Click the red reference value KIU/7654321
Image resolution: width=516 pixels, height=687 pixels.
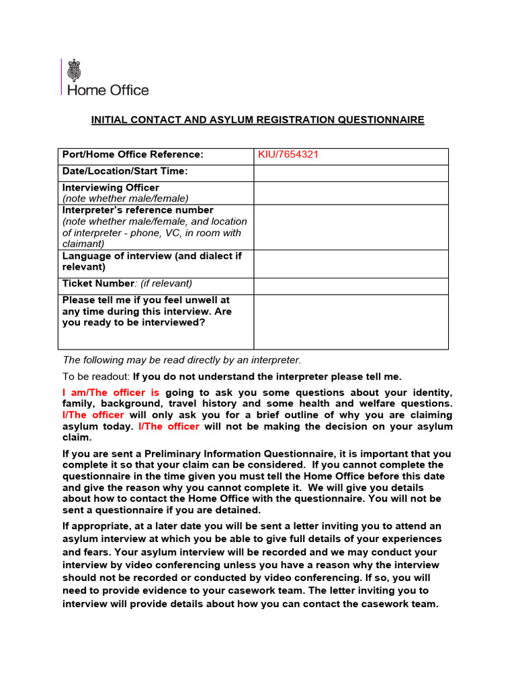tap(288, 155)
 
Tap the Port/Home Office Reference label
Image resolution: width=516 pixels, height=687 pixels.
tap(132, 155)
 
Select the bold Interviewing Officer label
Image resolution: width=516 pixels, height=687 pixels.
tap(111, 188)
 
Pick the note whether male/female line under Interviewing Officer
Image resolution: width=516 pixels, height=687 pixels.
tap(126, 199)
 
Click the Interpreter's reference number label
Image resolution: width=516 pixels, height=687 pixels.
tap(138, 210)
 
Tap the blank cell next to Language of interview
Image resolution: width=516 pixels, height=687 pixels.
tap(350, 263)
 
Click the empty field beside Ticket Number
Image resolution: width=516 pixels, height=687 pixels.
tap(350, 286)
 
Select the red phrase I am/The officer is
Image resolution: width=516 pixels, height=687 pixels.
tap(111, 392)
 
